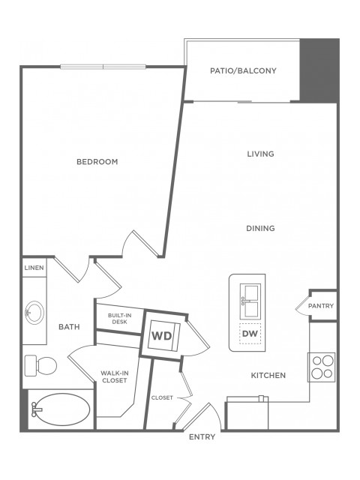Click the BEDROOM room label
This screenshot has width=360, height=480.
coord(97,162)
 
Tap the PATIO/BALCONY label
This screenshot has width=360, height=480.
coord(243,70)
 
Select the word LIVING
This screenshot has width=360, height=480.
coord(260,154)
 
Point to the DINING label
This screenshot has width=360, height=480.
coord(260,228)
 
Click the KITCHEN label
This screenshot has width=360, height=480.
coord(268,375)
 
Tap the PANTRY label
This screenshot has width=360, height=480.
coord(321,306)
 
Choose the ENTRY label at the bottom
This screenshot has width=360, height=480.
coord(202,436)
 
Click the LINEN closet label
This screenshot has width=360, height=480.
coord(34,268)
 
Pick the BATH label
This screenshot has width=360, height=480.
coord(69,327)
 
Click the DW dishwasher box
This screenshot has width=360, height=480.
coord(250,333)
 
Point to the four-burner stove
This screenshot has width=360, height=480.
coord(322,367)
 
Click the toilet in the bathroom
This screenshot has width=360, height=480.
coord(40,365)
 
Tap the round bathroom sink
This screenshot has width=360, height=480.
coord(34,313)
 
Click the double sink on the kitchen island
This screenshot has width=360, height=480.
coord(250,301)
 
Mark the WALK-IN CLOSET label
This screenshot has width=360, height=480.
coord(115,376)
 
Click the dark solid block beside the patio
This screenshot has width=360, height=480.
coord(319,70)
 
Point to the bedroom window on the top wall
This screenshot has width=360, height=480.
coord(103,67)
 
